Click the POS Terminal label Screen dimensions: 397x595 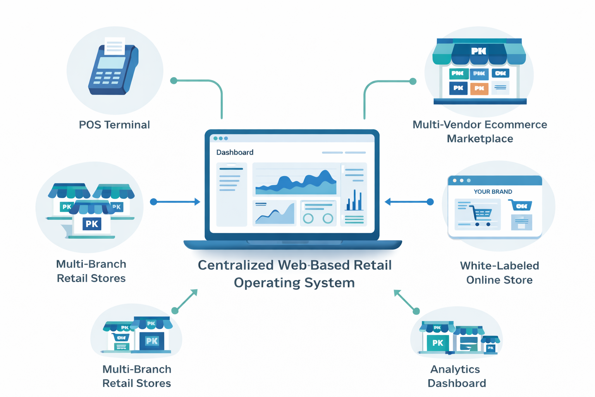(114, 125)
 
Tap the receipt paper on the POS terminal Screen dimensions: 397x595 (114, 46)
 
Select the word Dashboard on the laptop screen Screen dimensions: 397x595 (235, 152)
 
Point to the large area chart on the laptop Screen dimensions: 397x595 (296, 181)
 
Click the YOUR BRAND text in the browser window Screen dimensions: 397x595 (493, 192)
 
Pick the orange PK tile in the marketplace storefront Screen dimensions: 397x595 (479, 88)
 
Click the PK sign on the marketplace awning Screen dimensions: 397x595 (479, 51)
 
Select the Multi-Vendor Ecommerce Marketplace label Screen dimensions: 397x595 (480, 131)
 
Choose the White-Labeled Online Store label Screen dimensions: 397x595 (499, 273)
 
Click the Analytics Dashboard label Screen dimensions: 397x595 (456, 376)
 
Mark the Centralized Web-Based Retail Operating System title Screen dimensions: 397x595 (294, 274)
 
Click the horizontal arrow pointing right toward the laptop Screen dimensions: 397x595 (176, 202)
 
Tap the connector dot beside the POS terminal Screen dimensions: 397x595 (174, 81)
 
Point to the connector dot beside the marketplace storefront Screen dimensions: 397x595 (413, 81)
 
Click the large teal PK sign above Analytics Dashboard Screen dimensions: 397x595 (438, 343)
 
